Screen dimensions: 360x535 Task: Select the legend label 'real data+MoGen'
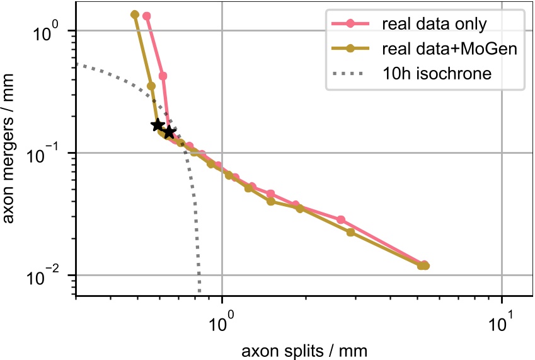click(449, 49)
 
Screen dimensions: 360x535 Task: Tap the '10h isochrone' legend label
click(436, 73)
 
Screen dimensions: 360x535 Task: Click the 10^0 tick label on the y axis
click(45, 30)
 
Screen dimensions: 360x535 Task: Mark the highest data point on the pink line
click(147, 16)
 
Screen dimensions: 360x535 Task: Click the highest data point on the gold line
click(135, 15)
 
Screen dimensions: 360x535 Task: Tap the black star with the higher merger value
click(158, 125)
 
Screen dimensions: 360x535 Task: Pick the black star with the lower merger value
click(169, 132)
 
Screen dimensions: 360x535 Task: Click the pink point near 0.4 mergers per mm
click(163, 76)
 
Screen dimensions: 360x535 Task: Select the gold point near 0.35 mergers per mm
click(151, 86)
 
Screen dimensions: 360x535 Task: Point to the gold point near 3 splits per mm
click(351, 233)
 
